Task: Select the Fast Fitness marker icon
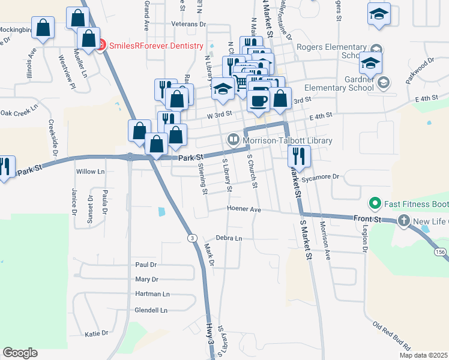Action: point(376,204)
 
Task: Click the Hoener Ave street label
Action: point(244,209)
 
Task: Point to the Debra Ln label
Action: point(229,238)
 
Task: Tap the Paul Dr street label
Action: point(146,265)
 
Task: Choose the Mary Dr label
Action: point(146,280)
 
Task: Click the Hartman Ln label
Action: point(152,294)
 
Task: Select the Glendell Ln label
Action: point(151,310)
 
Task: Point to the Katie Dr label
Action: point(96,333)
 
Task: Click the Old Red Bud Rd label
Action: point(391,337)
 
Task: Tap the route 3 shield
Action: point(191,238)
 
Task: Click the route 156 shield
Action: point(441,252)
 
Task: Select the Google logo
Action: point(20,353)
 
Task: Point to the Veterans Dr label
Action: point(188,25)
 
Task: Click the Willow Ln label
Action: point(90,172)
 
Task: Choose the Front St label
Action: point(367,220)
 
